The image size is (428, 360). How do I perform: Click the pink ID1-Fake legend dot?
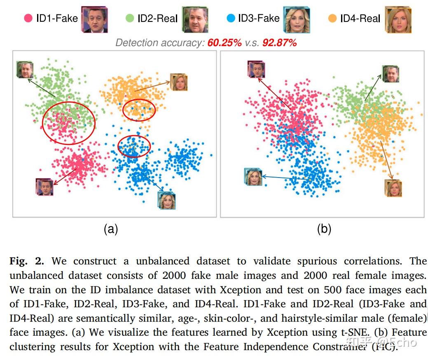pos(28,18)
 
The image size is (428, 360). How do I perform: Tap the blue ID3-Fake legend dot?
pos(231,18)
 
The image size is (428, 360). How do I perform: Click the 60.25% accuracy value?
pos(224,43)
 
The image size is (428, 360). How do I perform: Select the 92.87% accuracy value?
pos(279,43)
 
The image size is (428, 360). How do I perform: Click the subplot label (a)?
pos(111,229)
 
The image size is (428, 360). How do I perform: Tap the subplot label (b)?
pos(324,229)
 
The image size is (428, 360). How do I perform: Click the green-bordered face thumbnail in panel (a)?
pos(24,70)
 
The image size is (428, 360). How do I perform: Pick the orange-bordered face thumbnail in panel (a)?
pos(179,82)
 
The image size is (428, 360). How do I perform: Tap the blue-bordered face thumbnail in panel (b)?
pos(253,177)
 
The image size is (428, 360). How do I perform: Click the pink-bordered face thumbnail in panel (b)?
pos(256,69)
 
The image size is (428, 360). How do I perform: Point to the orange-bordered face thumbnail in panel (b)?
pos(393,188)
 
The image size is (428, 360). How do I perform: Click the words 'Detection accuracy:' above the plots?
pos(160,43)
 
